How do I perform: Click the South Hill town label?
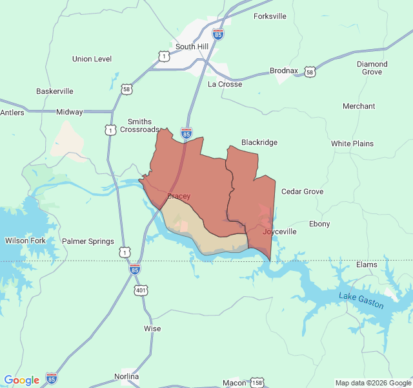192,47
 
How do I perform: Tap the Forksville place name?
270,16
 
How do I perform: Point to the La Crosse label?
225,84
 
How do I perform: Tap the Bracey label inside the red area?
179,196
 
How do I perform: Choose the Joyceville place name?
279,231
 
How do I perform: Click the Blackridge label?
259,142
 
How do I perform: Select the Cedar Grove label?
302,191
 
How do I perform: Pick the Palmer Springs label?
88,241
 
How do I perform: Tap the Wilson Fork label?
25,241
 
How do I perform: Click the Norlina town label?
126,376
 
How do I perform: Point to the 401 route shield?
141,290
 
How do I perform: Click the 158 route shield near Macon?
257,382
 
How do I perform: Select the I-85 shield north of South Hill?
218,34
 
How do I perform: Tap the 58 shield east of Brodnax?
310,72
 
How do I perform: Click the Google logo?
21,380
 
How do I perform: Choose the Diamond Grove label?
372,68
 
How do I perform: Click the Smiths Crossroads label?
139,125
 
